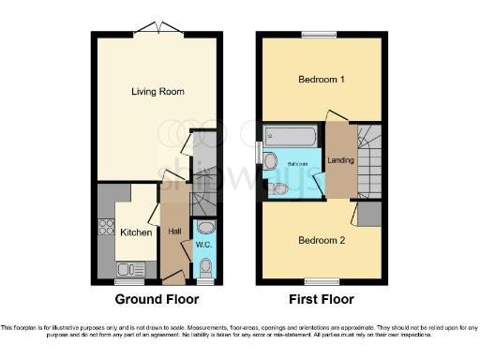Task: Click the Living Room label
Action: point(157,92)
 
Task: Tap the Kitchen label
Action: point(137,232)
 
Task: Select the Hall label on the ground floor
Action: point(174,231)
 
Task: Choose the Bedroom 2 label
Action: point(322,241)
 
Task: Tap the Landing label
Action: point(340,160)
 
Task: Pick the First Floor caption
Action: point(322,300)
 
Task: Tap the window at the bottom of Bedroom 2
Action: point(322,280)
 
